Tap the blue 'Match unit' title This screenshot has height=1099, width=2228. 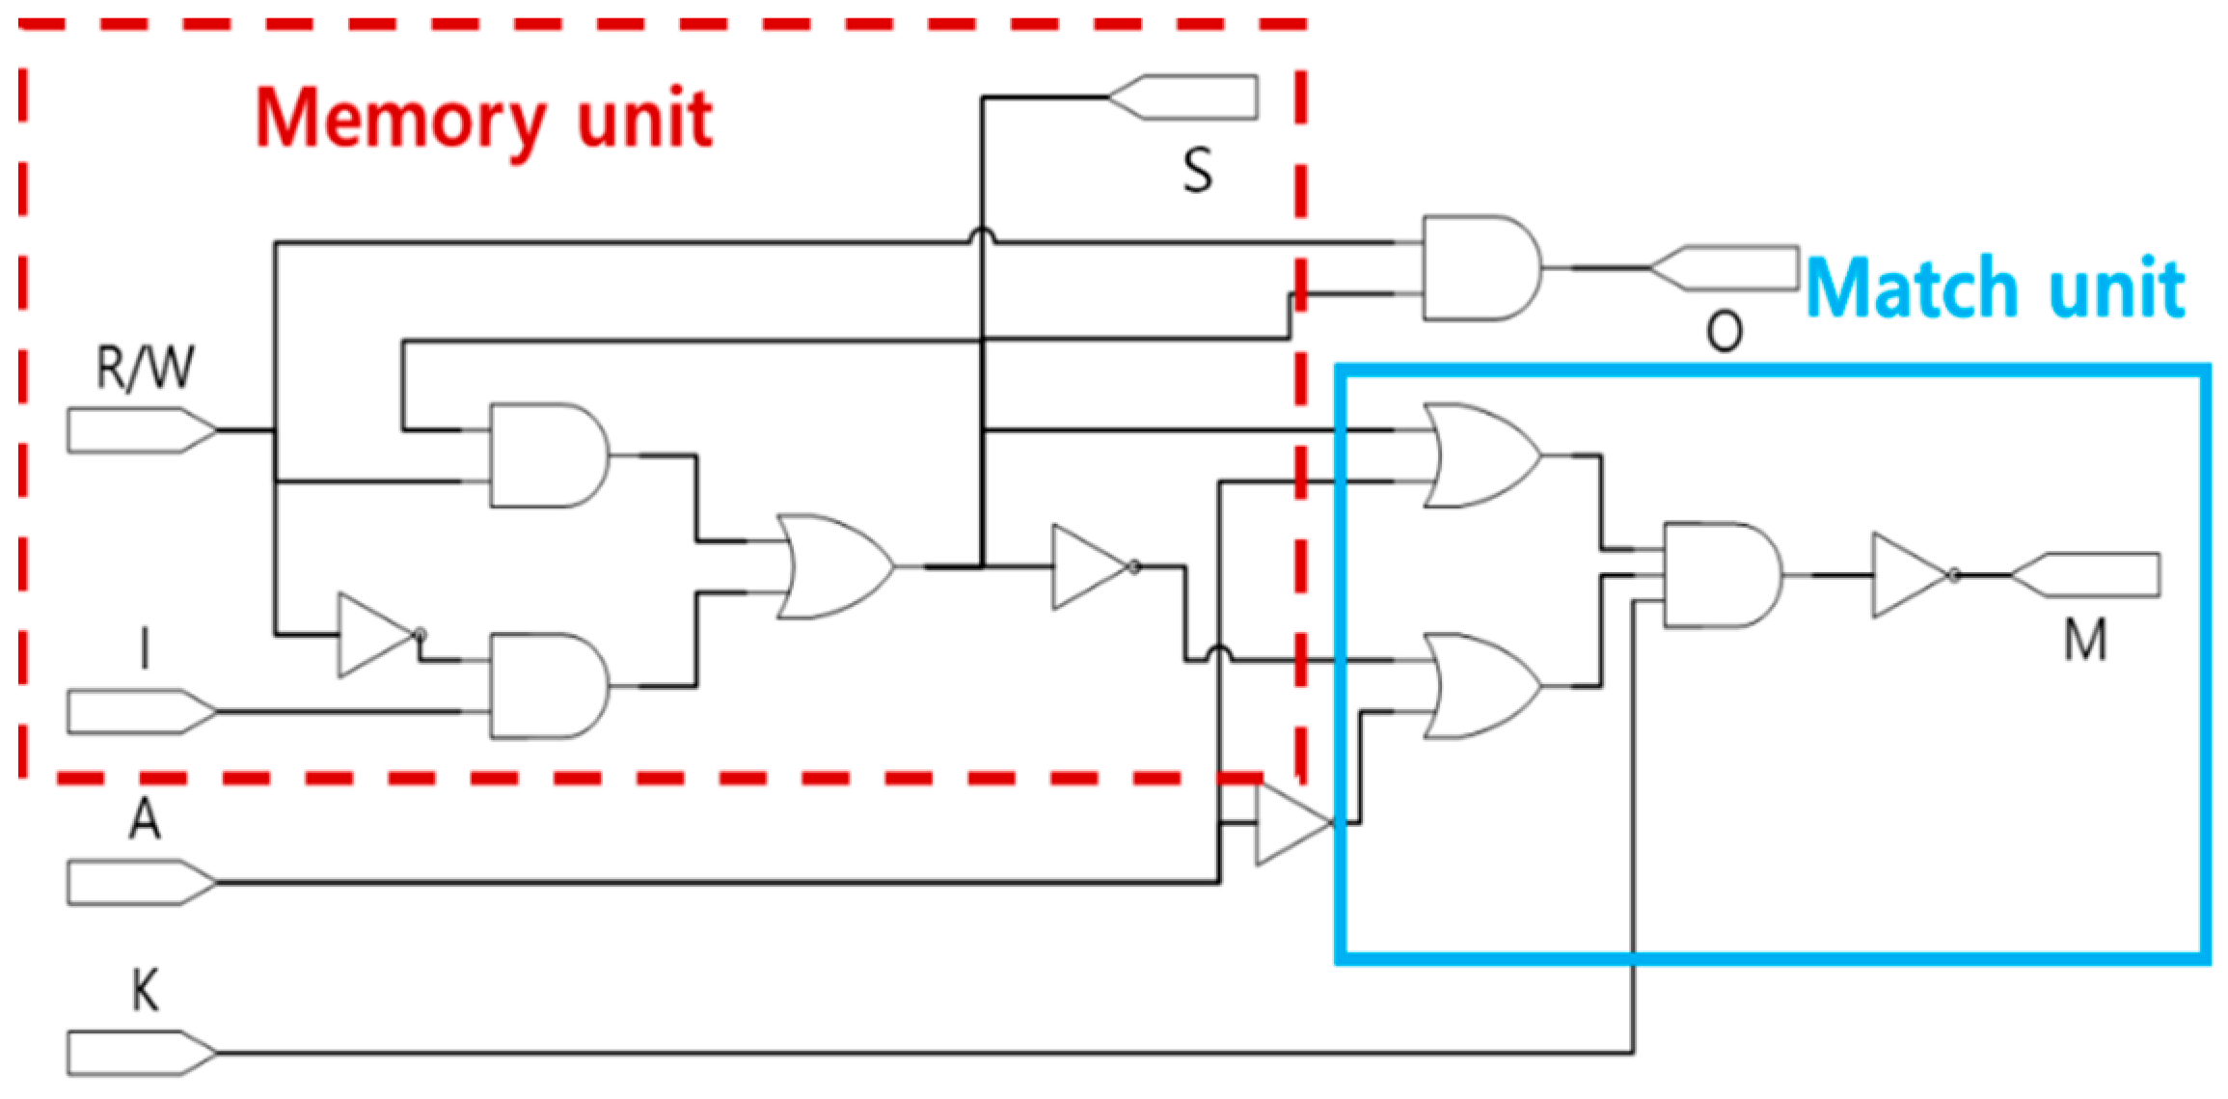click(1995, 288)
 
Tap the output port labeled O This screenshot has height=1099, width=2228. click(1725, 268)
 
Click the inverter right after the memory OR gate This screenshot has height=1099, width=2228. click(1090, 567)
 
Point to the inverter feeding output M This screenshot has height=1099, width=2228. click(1911, 575)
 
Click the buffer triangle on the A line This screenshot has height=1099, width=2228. click(1291, 824)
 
